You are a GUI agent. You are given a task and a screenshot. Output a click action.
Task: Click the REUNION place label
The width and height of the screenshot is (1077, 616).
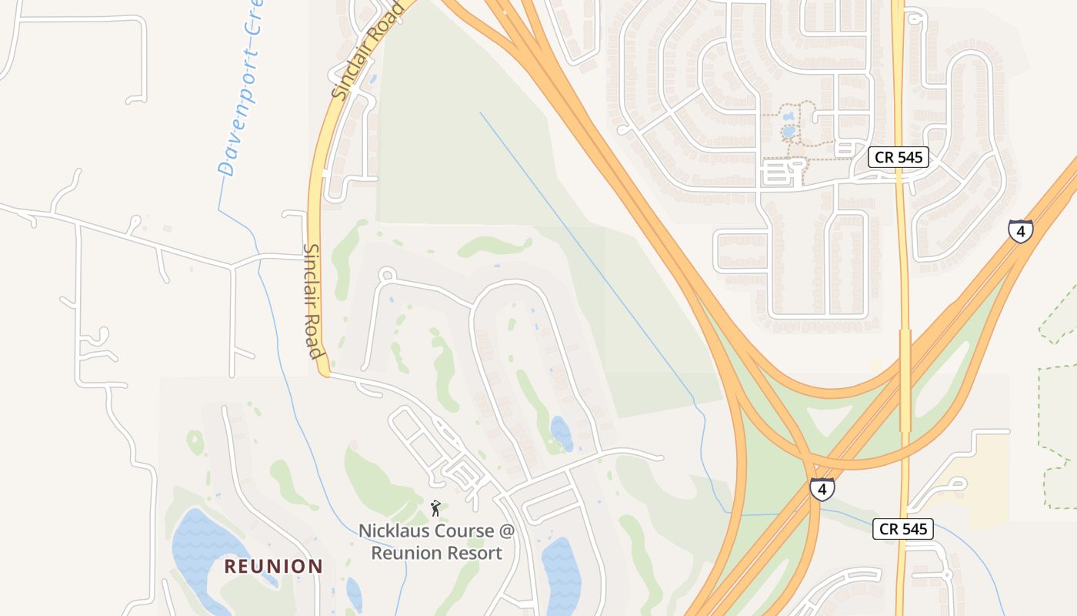(x=273, y=567)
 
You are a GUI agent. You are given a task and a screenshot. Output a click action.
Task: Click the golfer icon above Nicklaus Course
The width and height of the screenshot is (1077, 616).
(x=435, y=508)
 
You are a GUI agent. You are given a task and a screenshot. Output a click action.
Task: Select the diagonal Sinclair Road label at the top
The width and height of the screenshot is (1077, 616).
(x=368, y=50)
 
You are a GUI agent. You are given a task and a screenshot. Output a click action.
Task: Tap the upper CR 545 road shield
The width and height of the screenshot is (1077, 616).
(x=899, y=158)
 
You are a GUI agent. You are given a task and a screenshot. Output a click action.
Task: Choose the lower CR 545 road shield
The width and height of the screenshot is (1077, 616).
(x=903, y=529)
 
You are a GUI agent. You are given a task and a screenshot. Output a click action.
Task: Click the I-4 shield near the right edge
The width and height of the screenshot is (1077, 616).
(x=1020, y=231)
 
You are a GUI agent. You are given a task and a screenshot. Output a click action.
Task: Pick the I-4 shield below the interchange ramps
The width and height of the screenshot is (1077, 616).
(x=822, y=488)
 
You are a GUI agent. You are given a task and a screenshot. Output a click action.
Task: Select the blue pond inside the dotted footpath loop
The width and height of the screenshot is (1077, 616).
(x=789, y=132)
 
